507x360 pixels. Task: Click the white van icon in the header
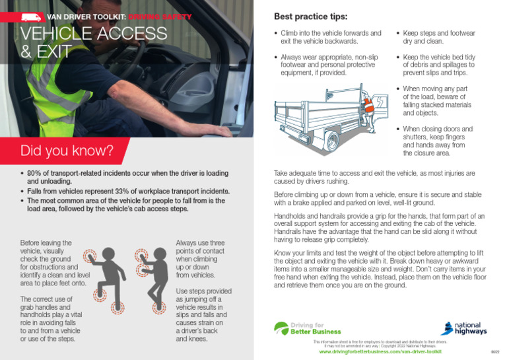pos(31,16)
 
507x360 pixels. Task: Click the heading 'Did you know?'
pos(67,151)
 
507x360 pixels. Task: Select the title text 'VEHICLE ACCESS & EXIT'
pos(94,42)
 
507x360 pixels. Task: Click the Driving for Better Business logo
pos(306,328)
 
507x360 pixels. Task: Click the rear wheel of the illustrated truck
pos(331,140)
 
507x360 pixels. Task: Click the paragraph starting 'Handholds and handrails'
pos(379,228)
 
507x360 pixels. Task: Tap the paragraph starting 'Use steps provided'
pos(199,315)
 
